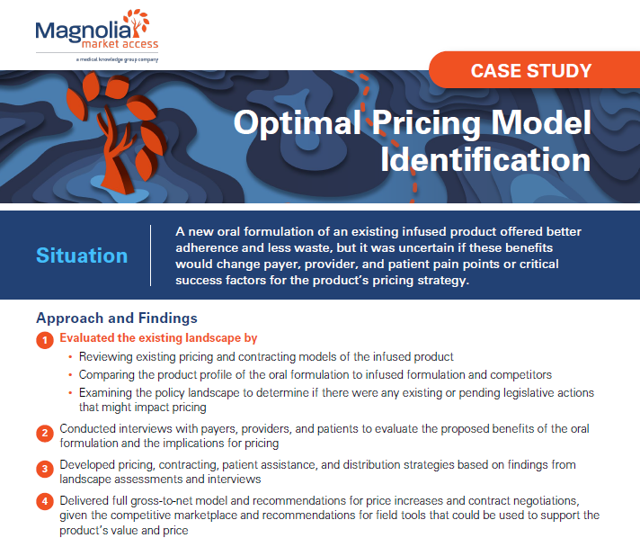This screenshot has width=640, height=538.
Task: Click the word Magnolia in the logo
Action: pyautogui.click(x=84, y=31)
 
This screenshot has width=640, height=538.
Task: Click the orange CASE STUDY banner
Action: pyautogui.click(x=534, y=70)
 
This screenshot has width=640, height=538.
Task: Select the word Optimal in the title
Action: pyautogui.click(x=298, y=122)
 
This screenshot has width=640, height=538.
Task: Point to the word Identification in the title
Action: pyautogui.click(x=485, y=160)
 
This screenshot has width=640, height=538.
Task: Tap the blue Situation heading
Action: pyautogui.click(x=82, y=256)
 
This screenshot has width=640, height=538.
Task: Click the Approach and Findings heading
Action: pyautogui.click(x=117, y=318)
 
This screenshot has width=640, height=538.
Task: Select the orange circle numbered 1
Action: pyautogui.click(x=45, y=340)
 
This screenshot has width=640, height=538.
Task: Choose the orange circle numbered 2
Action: pyautogui.click(x=45, y=433)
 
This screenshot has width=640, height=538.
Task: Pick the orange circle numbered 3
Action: pyautogui.click(x=45, y=469)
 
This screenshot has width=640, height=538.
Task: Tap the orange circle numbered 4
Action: pyautogui.click(x=45, y=501)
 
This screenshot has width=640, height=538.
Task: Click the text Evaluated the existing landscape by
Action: pyautogui.click(x=158, y=338)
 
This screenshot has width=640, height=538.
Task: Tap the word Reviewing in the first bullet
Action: pyautogui.click(x=106, y=357)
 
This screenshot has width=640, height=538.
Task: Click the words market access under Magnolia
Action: pyautogui.click(x=120, y=44)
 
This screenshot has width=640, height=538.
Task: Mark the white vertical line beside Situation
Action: pyautogui.click(x=151, y=256)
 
